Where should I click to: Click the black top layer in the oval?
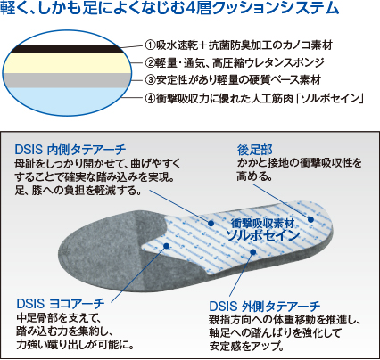67,49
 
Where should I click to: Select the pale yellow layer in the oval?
68,63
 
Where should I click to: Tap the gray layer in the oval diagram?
68,80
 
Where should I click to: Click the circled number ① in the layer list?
150,45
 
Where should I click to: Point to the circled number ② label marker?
150,62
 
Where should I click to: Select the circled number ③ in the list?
150,79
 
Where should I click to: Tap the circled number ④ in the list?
150,98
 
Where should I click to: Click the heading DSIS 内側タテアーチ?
70,150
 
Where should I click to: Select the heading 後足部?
255,150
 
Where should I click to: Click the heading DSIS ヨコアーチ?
61,304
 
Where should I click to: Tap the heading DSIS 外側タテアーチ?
265,306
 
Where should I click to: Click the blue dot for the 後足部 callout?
310,219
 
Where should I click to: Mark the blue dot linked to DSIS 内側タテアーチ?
211,223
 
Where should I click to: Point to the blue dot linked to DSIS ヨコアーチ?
167,246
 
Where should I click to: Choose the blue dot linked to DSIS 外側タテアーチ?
253,252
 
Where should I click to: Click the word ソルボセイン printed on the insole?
263,235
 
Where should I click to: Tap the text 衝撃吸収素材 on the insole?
262,224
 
